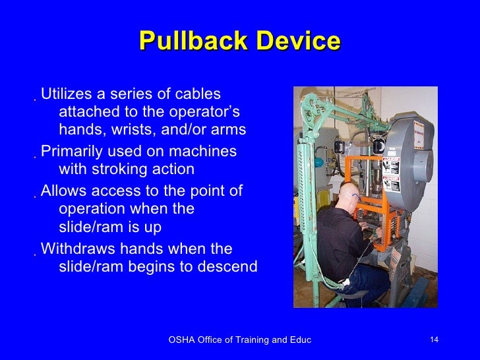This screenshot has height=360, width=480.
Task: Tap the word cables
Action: click(x=196, y=94)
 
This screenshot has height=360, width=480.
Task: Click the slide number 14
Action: click(x=434, y=340)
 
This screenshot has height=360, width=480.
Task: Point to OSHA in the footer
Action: click(x=182, y=340)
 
